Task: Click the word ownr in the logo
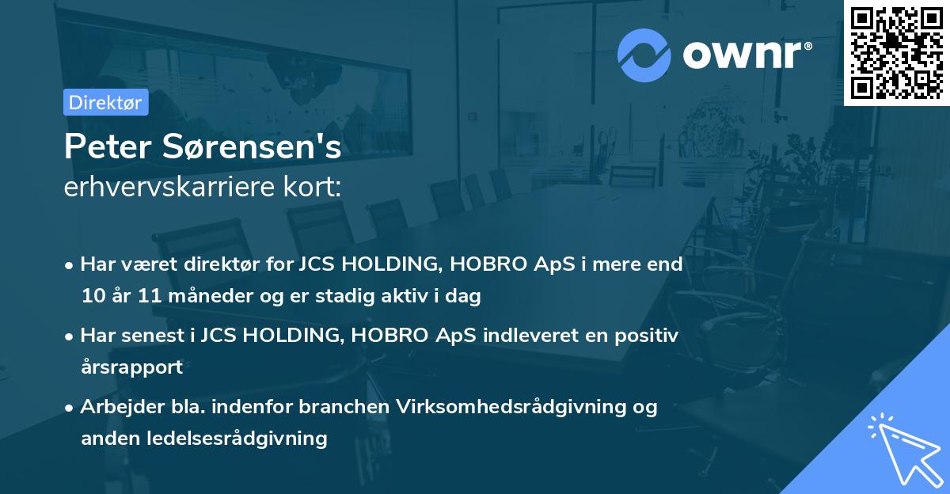click(x=743, y=55)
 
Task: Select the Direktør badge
click(x=105, y=102)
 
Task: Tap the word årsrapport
click(x=131, y=367)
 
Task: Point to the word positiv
click(x=646, y=335)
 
